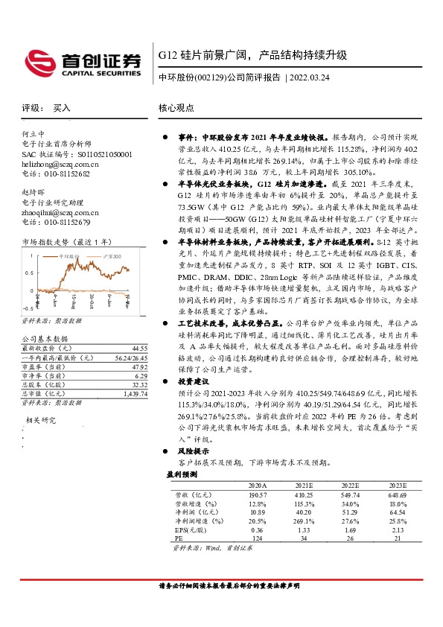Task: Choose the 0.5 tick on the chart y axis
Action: point(28,273)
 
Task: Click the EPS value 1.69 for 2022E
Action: point(349,530)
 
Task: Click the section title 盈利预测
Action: point(179,474)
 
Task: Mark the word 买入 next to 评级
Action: point(61,108)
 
